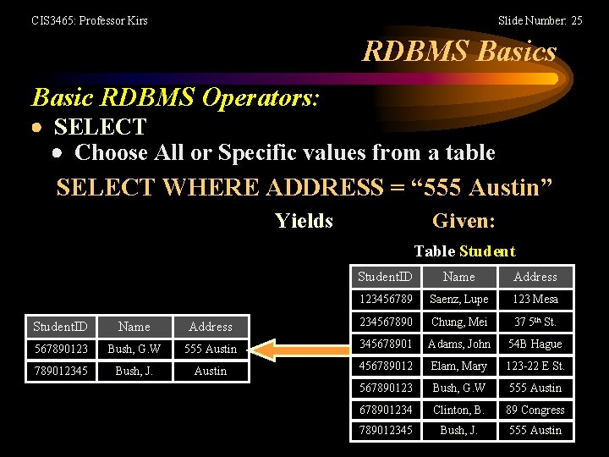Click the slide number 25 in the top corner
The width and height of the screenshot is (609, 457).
[540, 20]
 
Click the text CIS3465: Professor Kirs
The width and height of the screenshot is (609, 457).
[90, 20]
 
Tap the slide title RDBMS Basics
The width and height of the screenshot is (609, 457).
[459, 52]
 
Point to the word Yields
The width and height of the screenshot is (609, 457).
[304, 222]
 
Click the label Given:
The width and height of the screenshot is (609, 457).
[464, 222]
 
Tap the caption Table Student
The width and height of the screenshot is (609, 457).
[464, 251]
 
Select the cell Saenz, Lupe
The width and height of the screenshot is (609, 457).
[459, 300]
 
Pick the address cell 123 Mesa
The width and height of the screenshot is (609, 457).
[535, 300]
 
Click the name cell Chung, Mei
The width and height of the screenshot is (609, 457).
[459, 322]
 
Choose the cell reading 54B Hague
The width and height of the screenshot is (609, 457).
[535, 344]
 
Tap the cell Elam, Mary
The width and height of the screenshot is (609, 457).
[459, 366]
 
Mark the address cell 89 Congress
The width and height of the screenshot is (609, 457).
[535, 410]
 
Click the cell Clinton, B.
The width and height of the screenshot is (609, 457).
[459, 410]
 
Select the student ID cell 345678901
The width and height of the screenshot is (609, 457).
[386, 344]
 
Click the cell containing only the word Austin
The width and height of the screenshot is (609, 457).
[210, 371]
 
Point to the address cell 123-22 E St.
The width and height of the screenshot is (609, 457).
[535, 366]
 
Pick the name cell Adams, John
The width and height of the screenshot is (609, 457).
[459, 344]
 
